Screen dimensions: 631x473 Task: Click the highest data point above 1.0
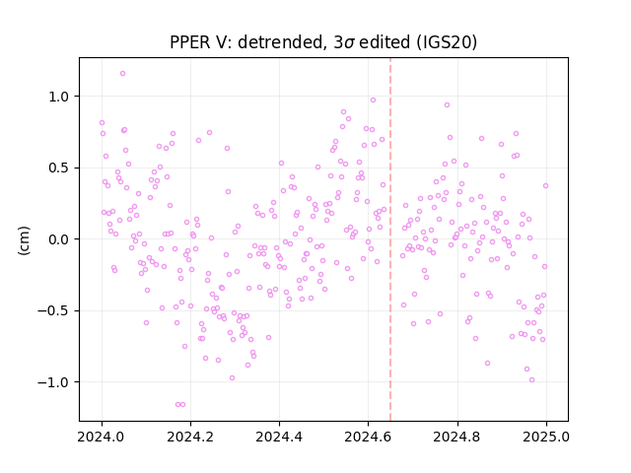tap(122, 74)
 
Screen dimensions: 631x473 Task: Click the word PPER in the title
tap(187, 42)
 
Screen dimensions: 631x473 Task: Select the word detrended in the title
tap(281, 42)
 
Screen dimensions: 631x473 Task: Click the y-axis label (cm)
tap(24, 240)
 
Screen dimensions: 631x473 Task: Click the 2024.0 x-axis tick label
tap(102, 437)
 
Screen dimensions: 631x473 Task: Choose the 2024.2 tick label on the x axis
tap(190, 437)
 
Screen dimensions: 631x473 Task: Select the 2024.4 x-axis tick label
tap(279, 437)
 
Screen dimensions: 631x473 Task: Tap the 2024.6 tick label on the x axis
tap(368, 437)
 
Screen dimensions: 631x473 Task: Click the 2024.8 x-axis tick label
tap(456, 437)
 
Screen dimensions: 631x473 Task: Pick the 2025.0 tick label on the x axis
tap(546, 437)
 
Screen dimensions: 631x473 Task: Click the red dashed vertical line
tap(390, 239)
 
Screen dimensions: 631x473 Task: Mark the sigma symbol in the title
tap(349, 43)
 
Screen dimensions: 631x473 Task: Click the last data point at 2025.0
tap(545, 186)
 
